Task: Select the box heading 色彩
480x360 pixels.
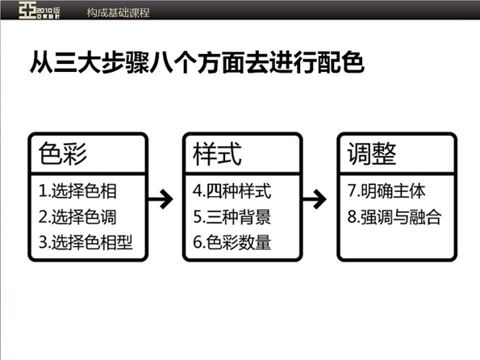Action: pos(63,153)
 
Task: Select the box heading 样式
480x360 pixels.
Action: pos(217,153)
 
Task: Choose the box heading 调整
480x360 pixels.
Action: pos(372,153)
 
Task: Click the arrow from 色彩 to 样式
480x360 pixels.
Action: pos(164,199)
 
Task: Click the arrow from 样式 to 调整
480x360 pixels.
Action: pos(319,199)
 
